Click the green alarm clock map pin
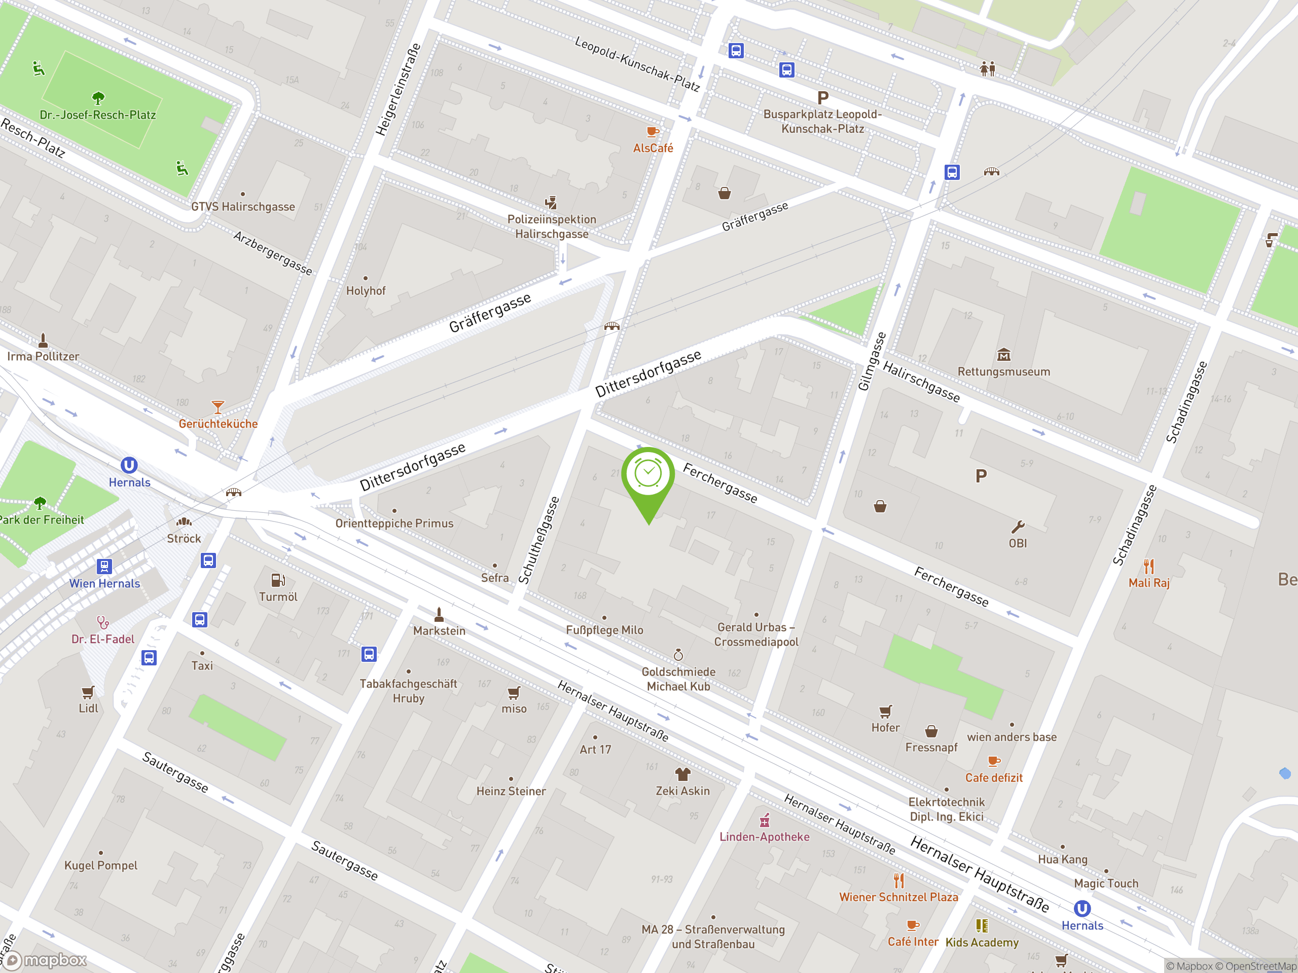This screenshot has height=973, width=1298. [x=648, y=474]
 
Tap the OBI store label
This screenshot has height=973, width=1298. [x=1018, y=544]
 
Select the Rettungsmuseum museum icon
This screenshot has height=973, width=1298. [x=1003, y=355]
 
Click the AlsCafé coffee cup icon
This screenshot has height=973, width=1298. [x=652, y=132]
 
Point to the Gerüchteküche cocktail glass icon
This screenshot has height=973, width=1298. [x=218, y=406]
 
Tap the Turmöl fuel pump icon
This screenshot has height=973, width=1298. [x=277, y=580]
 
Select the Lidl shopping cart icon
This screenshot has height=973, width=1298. [x=88, y=693]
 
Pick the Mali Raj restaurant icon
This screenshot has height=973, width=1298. [x=1148, y=567]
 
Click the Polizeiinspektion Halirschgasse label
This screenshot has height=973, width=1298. [x=552, y=227]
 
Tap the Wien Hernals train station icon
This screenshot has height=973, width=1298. [x=104, y=566]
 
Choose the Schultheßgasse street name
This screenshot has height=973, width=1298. [x=539, y=540]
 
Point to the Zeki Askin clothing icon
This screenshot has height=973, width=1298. [x=682, y=774]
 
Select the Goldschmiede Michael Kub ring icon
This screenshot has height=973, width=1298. [x=678, y=655]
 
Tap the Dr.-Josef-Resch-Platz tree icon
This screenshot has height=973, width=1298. [x=98, y=97]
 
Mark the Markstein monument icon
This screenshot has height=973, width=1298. [x=439, y=615]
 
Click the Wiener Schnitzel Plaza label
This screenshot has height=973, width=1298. [x=898, y=897]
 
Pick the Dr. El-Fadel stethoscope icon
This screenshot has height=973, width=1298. [x=103, y=622]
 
